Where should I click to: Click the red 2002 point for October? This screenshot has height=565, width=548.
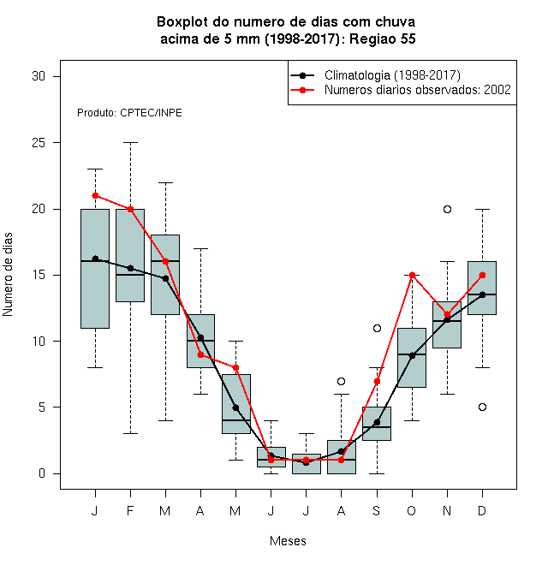[x=412, y=276]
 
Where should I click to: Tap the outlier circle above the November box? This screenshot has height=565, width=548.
[x=447, y=210]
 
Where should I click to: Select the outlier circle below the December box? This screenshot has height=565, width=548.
[x=482, y=407]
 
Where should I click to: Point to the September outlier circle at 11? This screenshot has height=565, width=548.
[x=377, y=328]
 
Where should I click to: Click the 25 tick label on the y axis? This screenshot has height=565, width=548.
[x=39, y=143]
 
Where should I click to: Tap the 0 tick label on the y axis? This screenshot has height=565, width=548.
[x=42, y=473]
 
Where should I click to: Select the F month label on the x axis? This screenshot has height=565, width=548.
[x=130, y=510]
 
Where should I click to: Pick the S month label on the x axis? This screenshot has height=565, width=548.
[x=377, y=510]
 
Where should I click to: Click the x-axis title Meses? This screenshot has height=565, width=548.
[x=288, y=541]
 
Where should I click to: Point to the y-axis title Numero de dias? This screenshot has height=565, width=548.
[x=8, y=275]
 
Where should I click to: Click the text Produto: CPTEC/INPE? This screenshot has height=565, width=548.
[x=129, y=113]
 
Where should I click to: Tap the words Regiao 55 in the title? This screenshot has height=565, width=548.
[x=383, y=39]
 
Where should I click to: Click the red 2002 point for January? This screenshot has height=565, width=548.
[x=95, y=196]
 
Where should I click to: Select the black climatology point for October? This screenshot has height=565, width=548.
[x=412, y=355]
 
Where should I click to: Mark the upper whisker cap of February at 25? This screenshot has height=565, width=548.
[x=130, y=143]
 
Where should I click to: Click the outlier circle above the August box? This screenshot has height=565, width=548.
[x=341, y=381]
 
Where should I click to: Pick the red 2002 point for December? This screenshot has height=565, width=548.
[x=482, y=276]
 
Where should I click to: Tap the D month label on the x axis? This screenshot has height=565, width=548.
[x=482, y=510]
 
